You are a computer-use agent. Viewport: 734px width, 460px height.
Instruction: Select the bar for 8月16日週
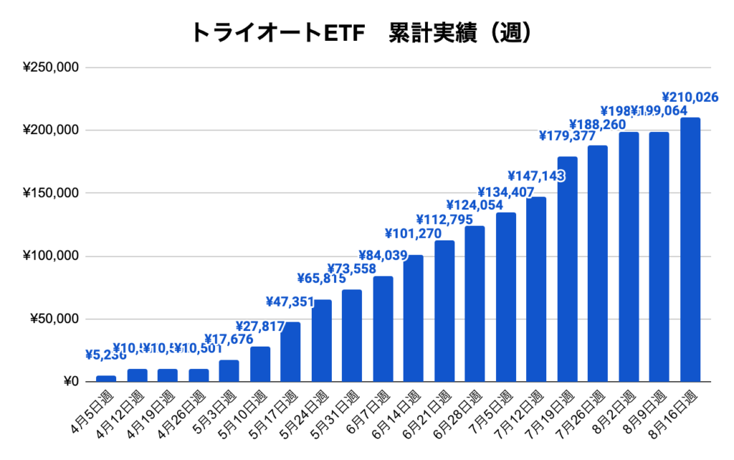[x=690, y=250]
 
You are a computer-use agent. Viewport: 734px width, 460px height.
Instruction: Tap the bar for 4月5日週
[x=106, y=378]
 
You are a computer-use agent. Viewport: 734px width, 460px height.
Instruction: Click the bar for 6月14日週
[x=414, y=318]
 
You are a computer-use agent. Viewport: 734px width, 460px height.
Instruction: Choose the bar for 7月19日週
[x=567, y=269]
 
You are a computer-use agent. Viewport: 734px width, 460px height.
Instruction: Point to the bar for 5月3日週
[x=229, y=370]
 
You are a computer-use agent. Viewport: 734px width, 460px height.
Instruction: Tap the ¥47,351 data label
[x=291, y=301]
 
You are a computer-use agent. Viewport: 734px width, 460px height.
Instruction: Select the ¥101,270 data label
[x=414, y=233]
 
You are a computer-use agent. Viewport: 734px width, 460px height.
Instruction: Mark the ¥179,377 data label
[x=567, y=136]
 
